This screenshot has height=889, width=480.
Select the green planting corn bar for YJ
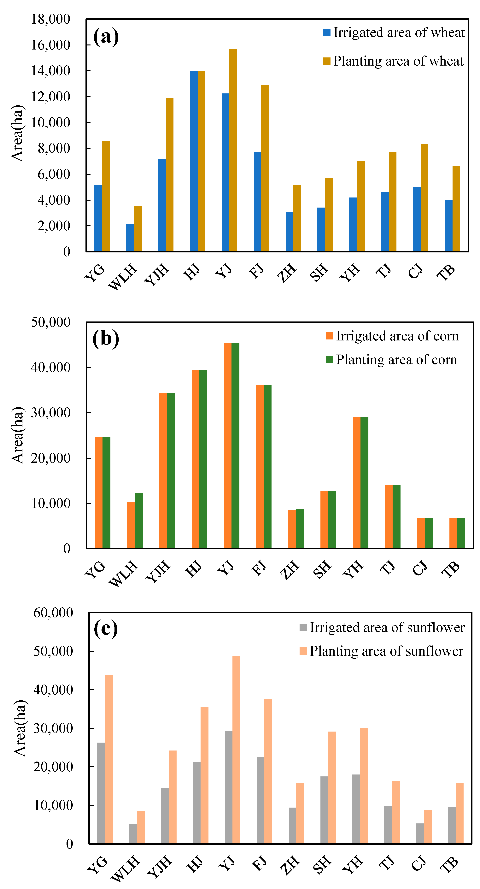pyautogui.click(x=235, y=445)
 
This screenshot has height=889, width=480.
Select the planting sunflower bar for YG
pyautogui.click(x=109, y=759)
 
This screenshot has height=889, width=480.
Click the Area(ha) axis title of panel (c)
pyautogui.click(x=20, y=728)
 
